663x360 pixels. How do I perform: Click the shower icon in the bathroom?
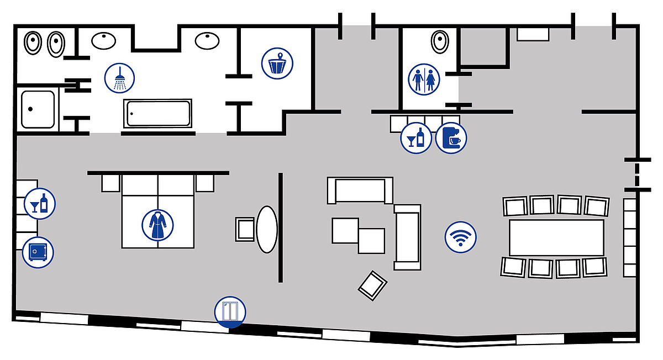click(x=120, y=78)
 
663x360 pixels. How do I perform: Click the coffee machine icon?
click(x=451, y=137)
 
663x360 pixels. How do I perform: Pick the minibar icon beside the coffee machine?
click(x=416, y=137)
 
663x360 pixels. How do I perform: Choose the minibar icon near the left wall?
click(x=39, y=203)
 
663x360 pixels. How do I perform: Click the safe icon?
click(x=38, y=252)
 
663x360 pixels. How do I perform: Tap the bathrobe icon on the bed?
click(x=157, y=225)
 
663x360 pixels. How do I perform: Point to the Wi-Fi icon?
click(x=460, y=237)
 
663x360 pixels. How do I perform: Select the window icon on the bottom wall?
click(x=229, y=312)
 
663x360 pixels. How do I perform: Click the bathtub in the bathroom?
click(x=158, y=113)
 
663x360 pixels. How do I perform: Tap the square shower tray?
click(x=38, y=109)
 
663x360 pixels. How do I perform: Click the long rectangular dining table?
click(x=556, y=237)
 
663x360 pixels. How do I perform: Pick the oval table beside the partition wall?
click(x=267, y=229)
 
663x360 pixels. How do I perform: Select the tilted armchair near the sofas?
click(x=373, y=285)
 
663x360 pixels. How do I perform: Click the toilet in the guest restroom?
click(x=440, y=41)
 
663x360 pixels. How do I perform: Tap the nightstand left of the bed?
click(x=110, y=183)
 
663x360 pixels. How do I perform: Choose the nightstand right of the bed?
click(x=204, y=183)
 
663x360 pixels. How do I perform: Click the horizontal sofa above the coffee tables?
click(x=360, y=190)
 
